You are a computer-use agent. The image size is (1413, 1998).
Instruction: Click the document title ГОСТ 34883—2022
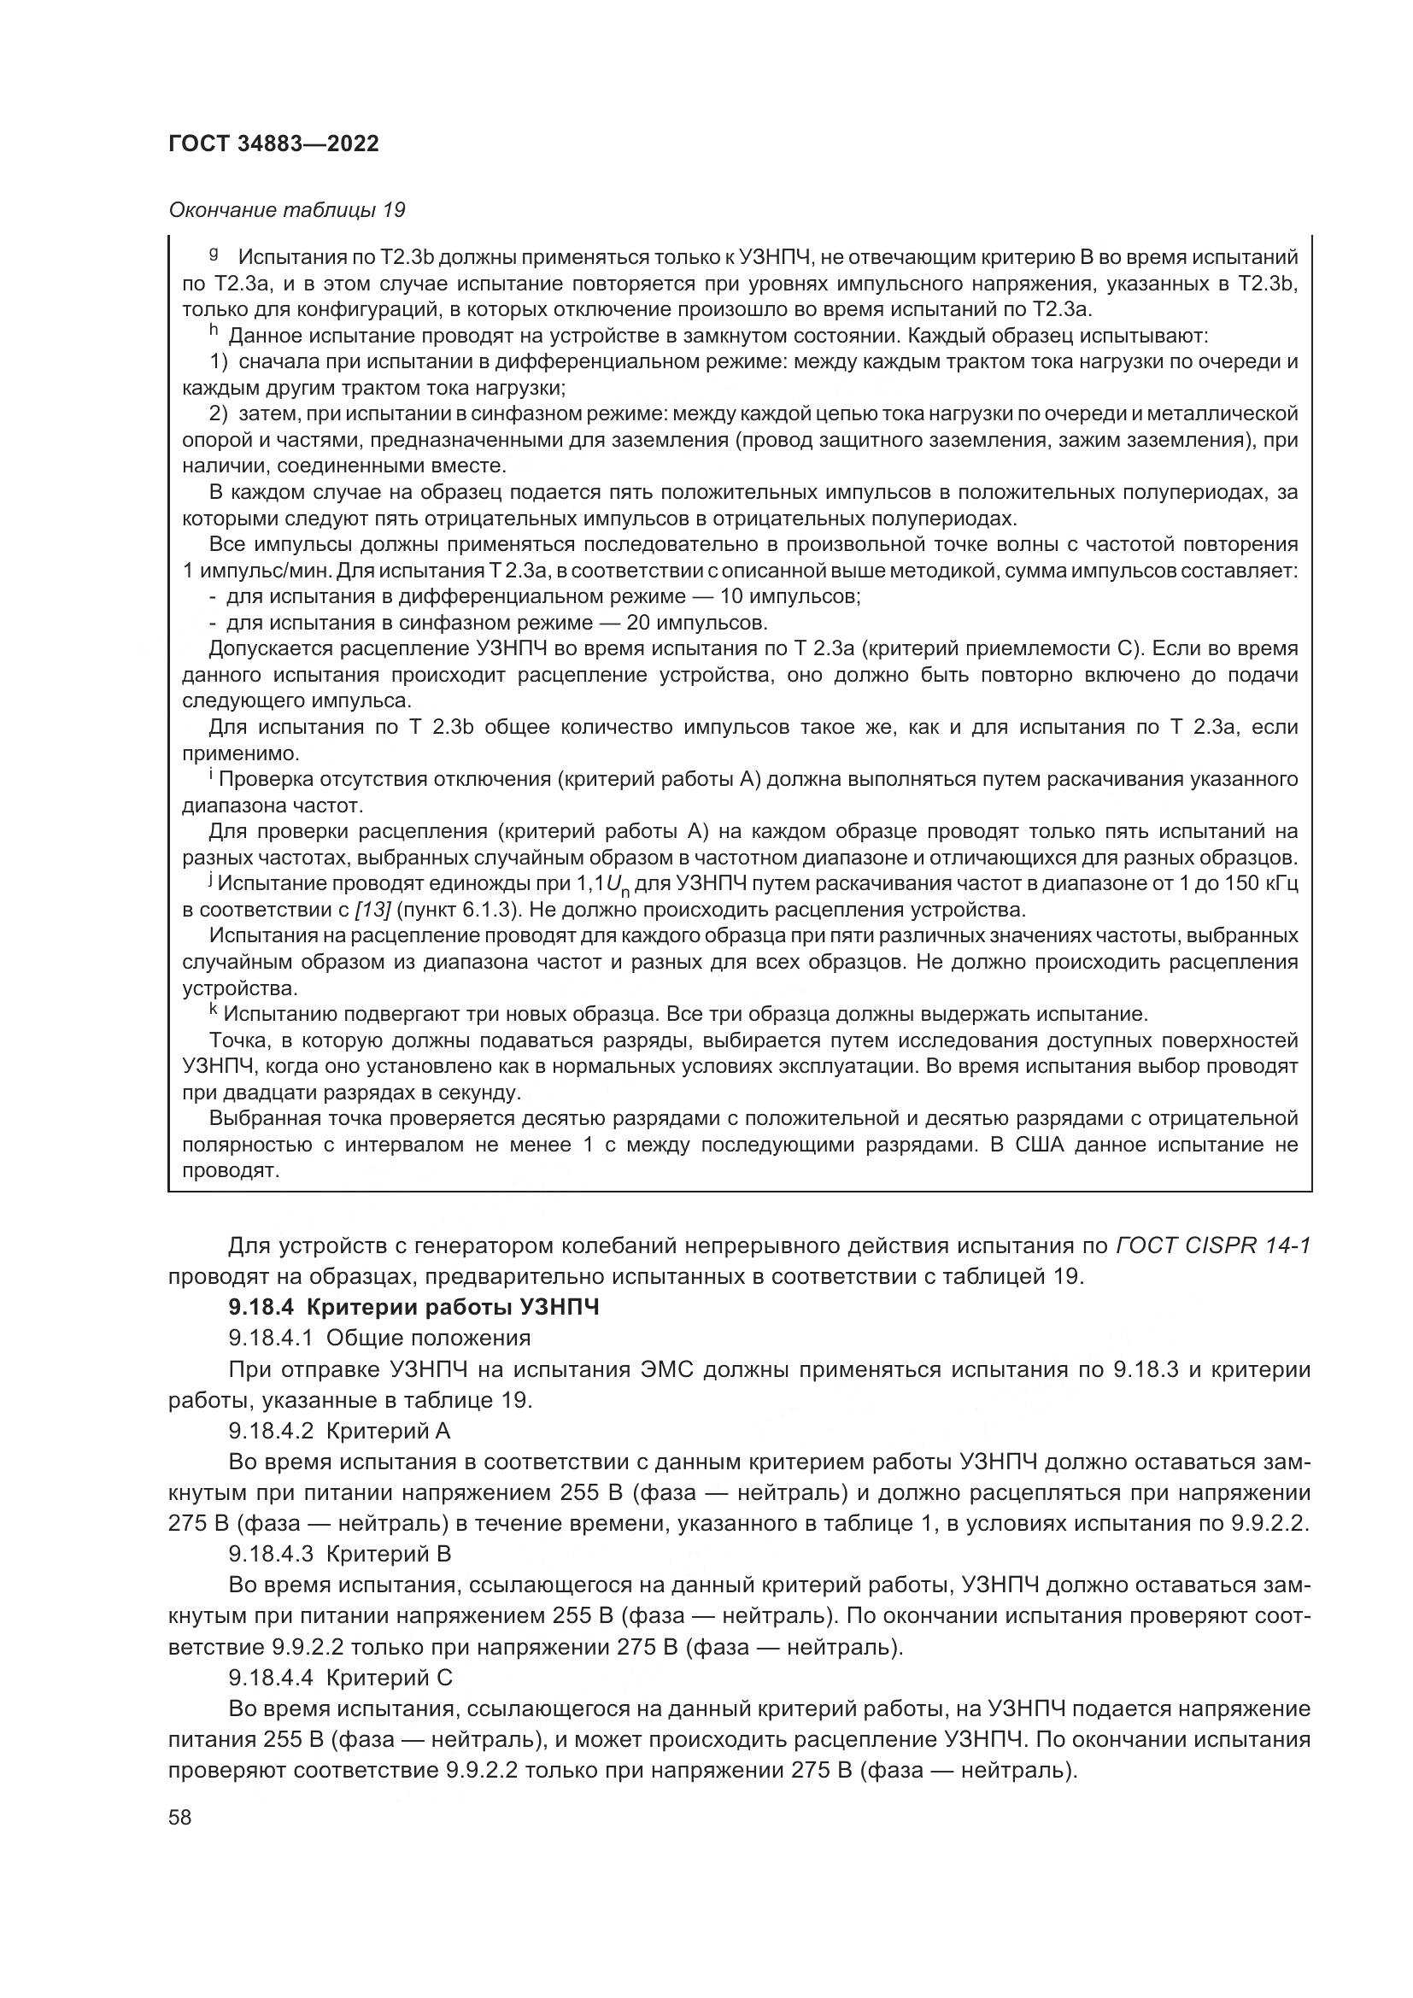click(273, 144)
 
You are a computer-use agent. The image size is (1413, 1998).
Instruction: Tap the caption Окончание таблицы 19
click(286, 210)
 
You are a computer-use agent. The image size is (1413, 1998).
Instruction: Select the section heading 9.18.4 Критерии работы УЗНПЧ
click(414, 1307)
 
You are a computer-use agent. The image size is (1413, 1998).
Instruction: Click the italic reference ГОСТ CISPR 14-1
click(1212, 1246)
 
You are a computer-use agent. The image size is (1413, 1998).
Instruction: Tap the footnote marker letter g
click(214, 254)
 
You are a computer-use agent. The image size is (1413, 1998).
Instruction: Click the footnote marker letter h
click(214, 331)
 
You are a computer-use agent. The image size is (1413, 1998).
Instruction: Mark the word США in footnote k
click(1035, 1145)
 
